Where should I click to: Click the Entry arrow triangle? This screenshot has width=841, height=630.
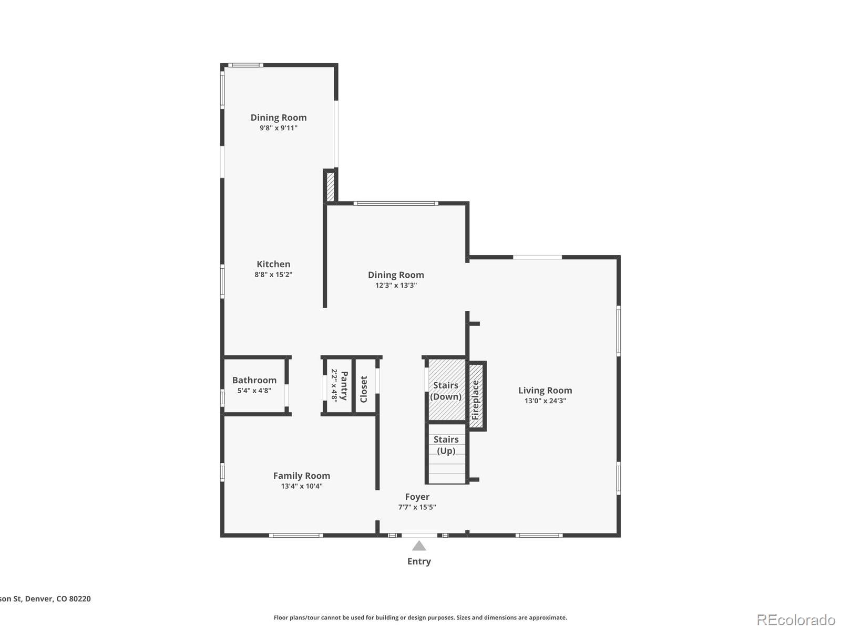(419, 546)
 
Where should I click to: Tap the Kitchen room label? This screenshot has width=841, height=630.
(273, 264)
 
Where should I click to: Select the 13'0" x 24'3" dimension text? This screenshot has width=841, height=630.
(545, 401)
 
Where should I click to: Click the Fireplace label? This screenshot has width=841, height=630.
(476, 400)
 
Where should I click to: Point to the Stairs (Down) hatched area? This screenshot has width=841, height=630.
(446, 390)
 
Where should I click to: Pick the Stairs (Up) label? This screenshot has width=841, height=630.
(446, 445)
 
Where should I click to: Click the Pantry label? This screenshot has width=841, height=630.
(344, 386)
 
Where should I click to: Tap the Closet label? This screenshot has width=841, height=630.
(364, 389)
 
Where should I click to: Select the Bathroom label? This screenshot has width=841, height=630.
(254, 380)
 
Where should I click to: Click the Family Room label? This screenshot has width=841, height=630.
(302, 476)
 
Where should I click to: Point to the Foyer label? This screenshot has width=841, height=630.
(417, 497)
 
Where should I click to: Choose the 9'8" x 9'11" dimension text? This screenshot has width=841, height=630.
(279, 128)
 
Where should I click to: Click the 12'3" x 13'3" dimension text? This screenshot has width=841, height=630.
(396, 285)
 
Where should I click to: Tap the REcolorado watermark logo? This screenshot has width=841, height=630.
(796, 619)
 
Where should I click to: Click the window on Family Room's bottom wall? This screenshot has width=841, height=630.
(296, 535)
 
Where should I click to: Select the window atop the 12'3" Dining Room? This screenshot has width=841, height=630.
(396, 203)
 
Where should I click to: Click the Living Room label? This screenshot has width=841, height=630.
(545, 390)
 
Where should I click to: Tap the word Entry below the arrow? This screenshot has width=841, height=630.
(419, 561)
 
